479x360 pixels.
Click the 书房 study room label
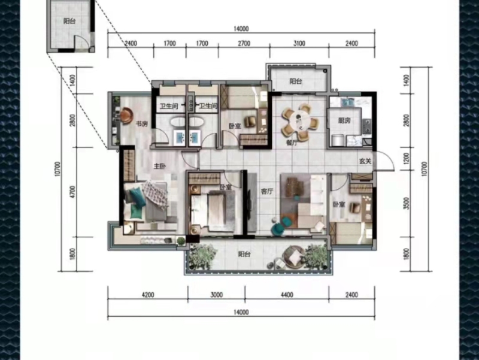142,124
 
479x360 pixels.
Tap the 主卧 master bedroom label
159,167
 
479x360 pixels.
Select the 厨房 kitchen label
344,121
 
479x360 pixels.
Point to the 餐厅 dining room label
292,142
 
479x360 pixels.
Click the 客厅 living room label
267,192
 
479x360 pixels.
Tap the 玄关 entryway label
365,161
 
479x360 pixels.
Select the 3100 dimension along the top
299,44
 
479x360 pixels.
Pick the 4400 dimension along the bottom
287,295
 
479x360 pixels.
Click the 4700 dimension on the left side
72,192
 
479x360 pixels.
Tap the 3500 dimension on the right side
406,204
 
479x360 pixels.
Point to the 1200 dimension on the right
406,159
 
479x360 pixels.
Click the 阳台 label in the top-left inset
69,21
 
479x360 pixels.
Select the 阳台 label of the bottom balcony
244,254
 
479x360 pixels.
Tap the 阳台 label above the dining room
296,81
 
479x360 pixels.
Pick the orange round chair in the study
126,115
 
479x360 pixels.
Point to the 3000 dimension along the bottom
217,295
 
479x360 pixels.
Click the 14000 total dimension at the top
241,29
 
